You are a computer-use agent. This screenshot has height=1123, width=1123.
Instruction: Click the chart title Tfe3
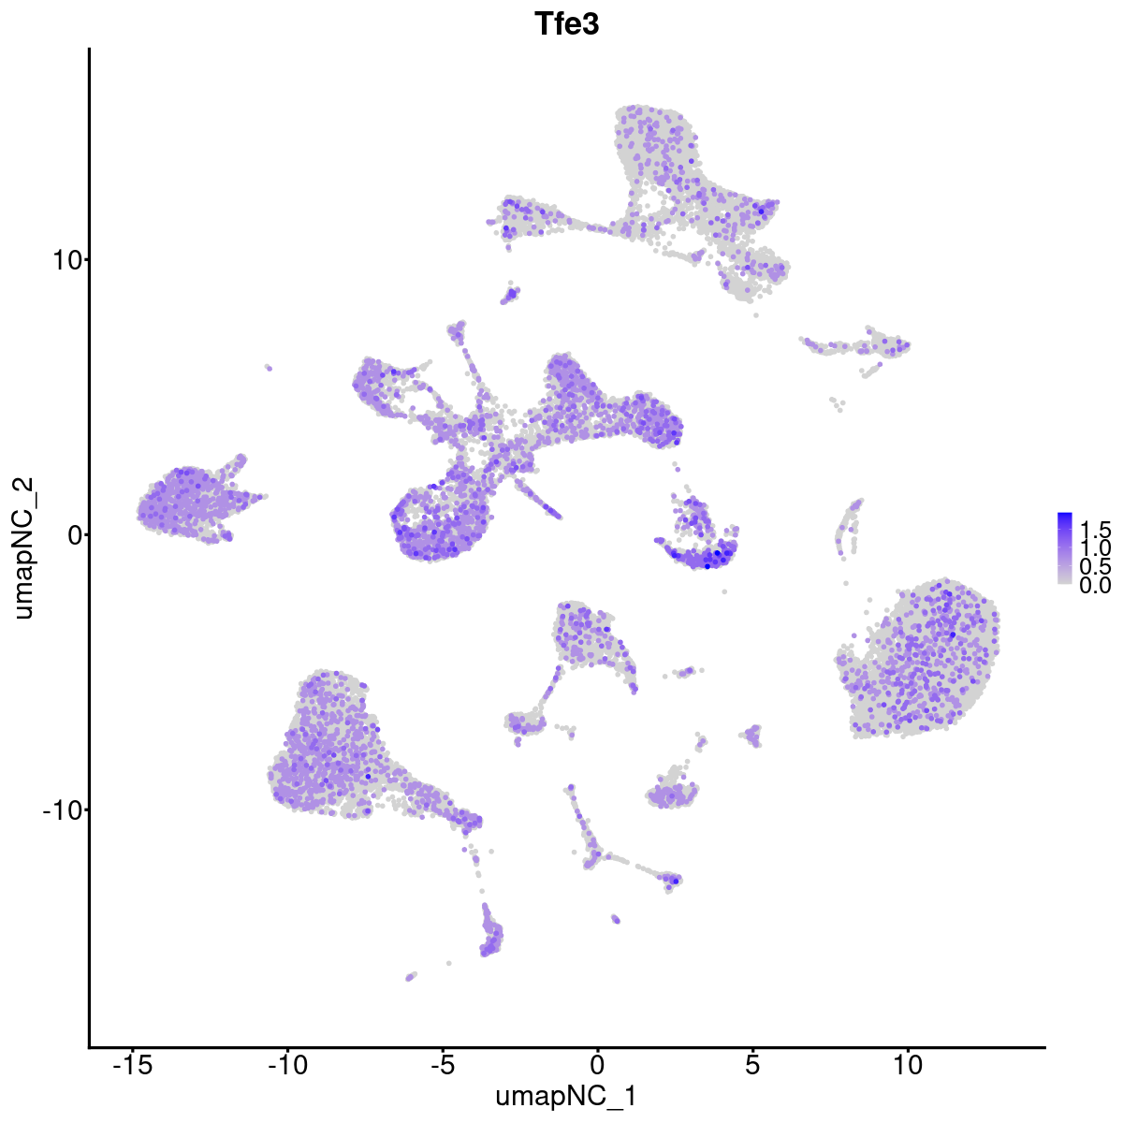pos(566,25)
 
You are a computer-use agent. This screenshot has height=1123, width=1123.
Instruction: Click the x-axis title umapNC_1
pos(566,1096)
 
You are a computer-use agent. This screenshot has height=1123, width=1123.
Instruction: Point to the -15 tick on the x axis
pos(133,1064)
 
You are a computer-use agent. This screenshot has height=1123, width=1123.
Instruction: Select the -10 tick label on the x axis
pos(287,1064)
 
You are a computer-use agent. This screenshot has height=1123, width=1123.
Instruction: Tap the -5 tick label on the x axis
pos(443,1064)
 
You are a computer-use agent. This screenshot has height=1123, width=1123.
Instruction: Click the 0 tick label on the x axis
pos(597,1064)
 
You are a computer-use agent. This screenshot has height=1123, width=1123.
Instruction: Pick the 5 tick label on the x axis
pos(752,1064)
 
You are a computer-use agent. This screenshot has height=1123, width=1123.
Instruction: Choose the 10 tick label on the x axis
pos(907,1064)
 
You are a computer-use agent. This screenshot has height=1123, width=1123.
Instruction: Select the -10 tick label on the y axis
pos(60,809)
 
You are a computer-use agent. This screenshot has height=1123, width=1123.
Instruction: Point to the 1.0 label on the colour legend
pos(1094,547)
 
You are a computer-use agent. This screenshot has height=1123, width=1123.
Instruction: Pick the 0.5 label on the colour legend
pos(1094,566)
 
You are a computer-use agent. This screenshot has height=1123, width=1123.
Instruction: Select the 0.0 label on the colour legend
pos(1094,586)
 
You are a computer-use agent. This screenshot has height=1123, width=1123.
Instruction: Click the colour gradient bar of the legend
pos(1065,548)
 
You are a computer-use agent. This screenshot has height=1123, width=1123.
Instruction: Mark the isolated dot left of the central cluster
pos(268,368)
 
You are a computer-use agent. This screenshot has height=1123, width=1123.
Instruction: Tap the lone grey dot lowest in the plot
pos(449,963)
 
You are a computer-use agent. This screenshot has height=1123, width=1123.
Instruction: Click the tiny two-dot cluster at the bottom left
pos(410,977)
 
